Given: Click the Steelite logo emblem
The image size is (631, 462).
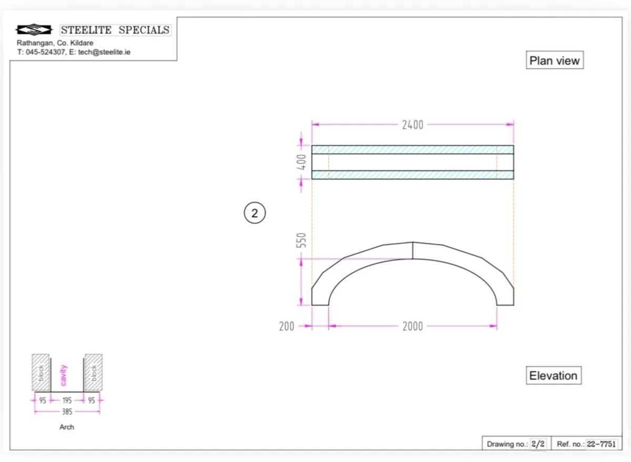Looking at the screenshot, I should point(35,30).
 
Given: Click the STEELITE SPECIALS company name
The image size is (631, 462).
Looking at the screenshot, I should point(116,30).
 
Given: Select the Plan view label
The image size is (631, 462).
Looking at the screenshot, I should point(554,61).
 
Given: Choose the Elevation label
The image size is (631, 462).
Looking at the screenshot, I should point(553,376).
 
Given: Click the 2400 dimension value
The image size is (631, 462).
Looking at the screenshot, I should point(412,125).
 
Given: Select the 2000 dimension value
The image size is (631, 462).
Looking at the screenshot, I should point(412,326).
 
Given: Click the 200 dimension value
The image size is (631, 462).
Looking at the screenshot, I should point(287,326).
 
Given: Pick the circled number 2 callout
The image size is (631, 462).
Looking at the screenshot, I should point(255,213).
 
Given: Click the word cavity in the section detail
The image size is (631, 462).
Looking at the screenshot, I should point(64,375).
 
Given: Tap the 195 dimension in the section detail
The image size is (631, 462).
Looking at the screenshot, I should point(67,400).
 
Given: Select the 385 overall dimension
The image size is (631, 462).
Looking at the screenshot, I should point(67,411).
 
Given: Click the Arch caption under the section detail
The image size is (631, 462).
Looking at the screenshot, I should point(67,427).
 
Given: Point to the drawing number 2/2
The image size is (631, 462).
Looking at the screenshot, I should point(537,444).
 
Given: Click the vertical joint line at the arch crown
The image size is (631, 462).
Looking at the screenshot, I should point(412,250).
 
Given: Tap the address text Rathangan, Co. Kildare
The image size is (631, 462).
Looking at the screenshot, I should point(55,43).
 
